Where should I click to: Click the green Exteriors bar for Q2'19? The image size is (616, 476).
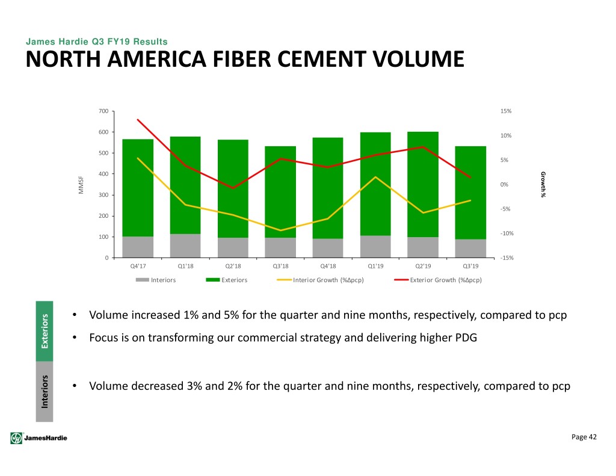pyautogui.click(x=423, y=184)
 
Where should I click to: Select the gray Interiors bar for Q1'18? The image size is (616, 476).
pyautogui.click(x=185, y=246)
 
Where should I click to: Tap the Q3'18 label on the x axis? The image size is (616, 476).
pyautogui.click(x=280, y=266)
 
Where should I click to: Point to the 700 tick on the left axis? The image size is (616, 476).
pyautogui.click(x=103, y=111)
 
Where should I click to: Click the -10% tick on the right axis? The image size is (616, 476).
pyautogui.click(x=507, y=233)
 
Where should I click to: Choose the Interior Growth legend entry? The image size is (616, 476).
pyautogui.click(x=320, y=280)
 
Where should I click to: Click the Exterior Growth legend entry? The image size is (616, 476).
pyautogui.click(x=438, y=280)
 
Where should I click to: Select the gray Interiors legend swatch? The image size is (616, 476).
pyautogui.click(x=142, y=280)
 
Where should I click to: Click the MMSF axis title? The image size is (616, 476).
pyautogui.click(x=81, y=185)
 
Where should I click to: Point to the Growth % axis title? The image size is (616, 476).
pyautogui.click(x=543, y=184)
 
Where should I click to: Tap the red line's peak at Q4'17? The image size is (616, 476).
pyautogui.click(x=138, y=120)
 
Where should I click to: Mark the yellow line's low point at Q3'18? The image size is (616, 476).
pyautogui.click(x=280, y=230)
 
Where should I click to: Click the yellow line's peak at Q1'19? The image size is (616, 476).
pyautogui.click(x=375, y=177)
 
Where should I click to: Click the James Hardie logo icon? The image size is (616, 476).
pyautogui.click(x=16, y=438)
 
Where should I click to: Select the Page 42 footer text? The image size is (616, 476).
pyautogui.click(x=584, y=437)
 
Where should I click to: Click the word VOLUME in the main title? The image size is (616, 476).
pyautogui.click(x=419, y=60)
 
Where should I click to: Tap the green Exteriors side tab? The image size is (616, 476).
pyautogui.click(x=45, y=332)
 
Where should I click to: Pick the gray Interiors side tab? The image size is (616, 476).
pyautogui.click(x=45, y=392)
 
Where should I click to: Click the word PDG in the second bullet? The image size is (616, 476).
pyautogui.click(x=466, y=338)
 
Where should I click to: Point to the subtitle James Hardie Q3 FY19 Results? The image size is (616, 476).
pyautogui.click(x=97, y=42)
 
